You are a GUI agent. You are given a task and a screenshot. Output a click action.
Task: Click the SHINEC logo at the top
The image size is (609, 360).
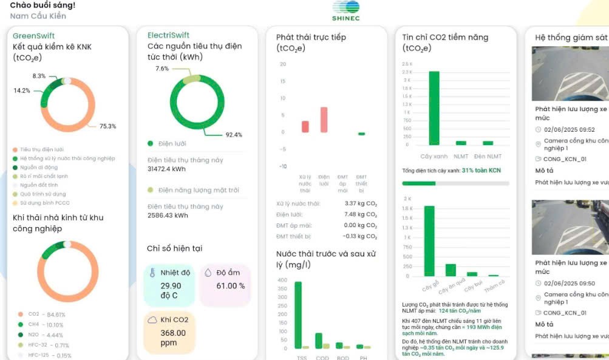(x=345, y=11)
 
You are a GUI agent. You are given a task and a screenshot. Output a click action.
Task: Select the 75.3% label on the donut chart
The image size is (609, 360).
(x=107, y=126)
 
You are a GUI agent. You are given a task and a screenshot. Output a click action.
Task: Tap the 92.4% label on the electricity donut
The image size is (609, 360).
(x=234, y=135)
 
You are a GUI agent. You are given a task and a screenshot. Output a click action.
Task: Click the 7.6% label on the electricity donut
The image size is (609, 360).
(x=162, y=69)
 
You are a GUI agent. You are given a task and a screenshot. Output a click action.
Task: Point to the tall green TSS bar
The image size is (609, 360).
(x=298, y=314)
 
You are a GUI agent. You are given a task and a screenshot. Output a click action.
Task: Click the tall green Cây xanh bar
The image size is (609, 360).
(x=434, y=107)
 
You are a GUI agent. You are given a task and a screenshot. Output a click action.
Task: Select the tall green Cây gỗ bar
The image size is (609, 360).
(x=429, y=240)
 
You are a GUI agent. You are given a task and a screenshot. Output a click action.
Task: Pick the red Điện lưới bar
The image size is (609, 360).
(x=324, y=120)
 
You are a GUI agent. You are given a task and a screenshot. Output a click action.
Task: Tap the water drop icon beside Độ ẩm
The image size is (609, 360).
(x=207, y=273)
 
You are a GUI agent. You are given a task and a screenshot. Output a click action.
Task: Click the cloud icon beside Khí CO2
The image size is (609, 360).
(x=151, y=319)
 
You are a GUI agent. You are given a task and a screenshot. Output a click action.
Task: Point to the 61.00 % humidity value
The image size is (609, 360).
(x=231, y=286)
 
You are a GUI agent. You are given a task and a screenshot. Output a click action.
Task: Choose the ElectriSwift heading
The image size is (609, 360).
(x=168, y=36)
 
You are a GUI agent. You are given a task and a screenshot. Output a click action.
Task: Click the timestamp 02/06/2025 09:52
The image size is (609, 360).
(x=569, y=130)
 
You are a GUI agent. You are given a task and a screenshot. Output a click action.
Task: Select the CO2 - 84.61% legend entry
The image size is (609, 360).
(x=46, y=314)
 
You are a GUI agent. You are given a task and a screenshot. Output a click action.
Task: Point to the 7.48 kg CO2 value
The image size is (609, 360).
(x=361, y=214)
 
